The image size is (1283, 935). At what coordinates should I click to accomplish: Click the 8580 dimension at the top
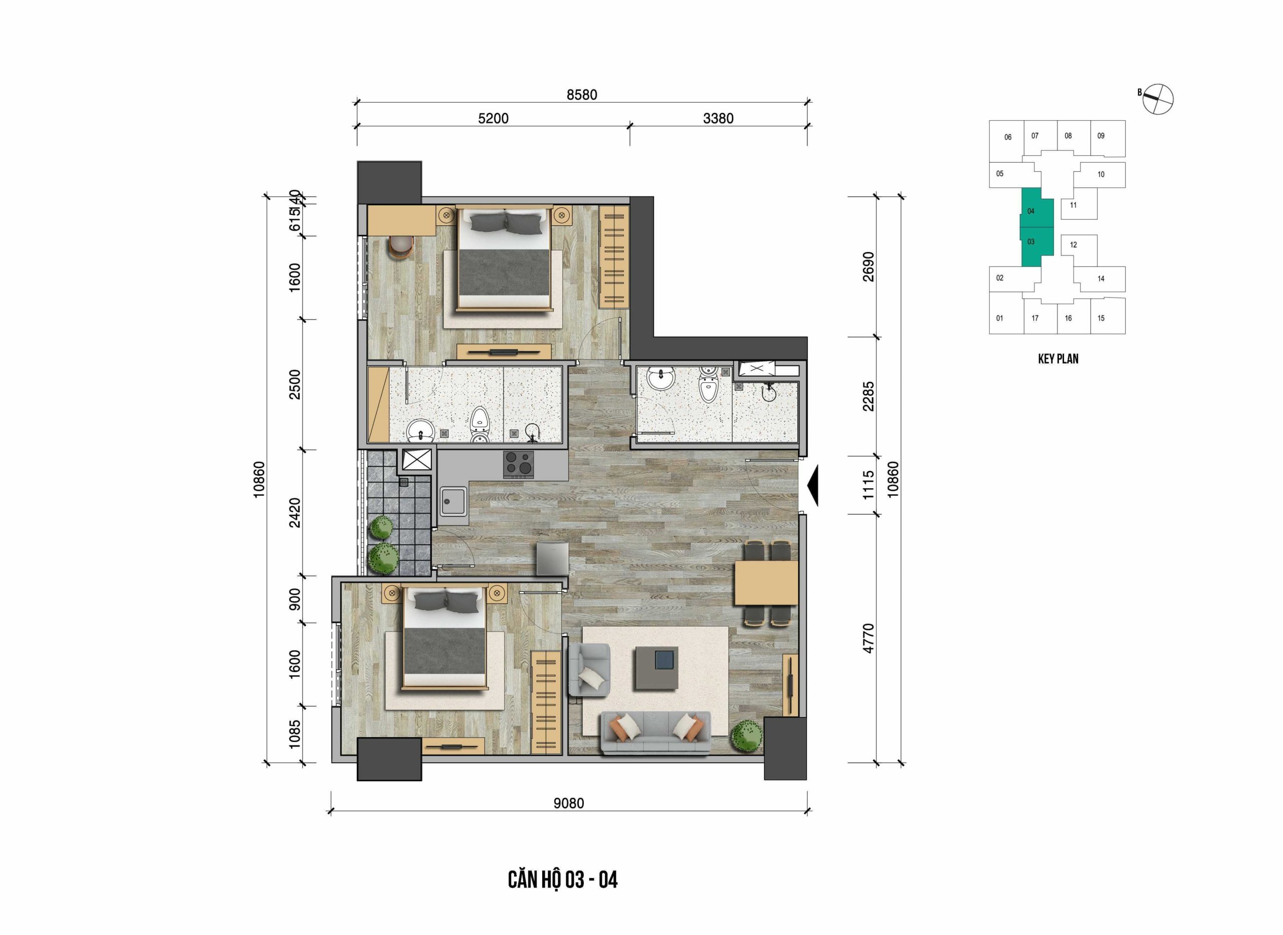[x=582, y=95]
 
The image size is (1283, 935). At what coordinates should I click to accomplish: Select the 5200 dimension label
[x=493, y=118]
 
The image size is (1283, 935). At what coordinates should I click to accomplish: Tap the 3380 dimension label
[x=718, y=118]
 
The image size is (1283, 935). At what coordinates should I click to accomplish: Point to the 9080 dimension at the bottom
[x=568, y=803]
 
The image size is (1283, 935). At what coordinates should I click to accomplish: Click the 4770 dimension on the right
[x=869, y=639]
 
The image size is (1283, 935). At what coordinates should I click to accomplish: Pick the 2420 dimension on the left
[x=295, y=512]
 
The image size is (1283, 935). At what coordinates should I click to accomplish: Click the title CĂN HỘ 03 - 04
[x=562, y=880]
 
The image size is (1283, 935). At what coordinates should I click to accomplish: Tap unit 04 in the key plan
[x=1031, y=211]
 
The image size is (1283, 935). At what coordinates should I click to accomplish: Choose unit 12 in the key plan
[x=1074, y=245]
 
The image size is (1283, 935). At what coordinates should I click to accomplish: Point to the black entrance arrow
[x=812, y=486]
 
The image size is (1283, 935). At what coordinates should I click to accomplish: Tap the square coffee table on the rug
[x=657, y=668]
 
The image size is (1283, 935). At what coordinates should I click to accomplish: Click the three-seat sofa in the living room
[x=656, y=733]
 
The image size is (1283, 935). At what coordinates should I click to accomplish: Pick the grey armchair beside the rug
[x=589, y=670]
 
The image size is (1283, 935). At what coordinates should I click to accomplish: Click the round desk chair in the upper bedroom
[x=401, y=248]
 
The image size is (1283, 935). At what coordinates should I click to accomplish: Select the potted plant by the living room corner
[x=747, y=736]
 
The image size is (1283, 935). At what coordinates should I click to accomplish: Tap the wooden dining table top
[x=766, y=583]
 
